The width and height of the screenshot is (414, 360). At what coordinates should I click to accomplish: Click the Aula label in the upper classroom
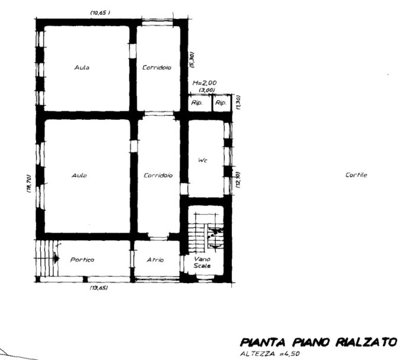[x=82, y=67]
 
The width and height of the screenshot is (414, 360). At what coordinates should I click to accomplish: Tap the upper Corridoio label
[x=157, y=67]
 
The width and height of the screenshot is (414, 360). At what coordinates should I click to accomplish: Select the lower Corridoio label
[x=158, y=175]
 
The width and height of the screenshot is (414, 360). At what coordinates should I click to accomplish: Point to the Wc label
[x=202, y=160]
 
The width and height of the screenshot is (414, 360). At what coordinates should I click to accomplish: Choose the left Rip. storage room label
[x=197, y=103]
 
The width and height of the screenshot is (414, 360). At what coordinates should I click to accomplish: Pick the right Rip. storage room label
[x=221, y=103]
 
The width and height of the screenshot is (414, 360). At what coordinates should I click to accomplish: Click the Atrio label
[x=155, y=260]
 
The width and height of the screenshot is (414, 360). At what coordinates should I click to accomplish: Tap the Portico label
[x=82, y=260]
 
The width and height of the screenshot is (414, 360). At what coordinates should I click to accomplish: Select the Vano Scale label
[x=202, y=262]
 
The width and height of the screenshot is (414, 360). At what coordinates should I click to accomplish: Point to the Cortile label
[x=357, y=175]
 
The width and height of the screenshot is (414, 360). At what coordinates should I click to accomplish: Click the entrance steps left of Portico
[x=46, y=258]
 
